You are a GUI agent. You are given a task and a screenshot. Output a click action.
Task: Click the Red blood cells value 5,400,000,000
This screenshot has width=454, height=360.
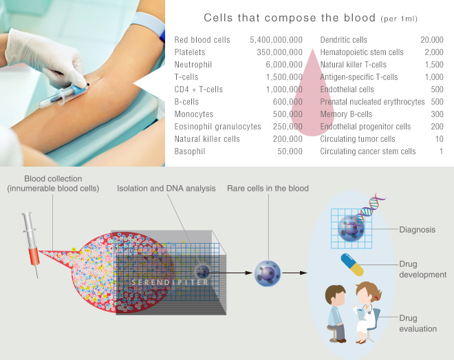pos(276,40)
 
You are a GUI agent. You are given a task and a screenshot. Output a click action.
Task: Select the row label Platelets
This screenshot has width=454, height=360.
pos(190,52)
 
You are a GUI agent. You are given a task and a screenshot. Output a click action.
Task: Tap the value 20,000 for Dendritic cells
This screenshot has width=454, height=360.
pos(432,40)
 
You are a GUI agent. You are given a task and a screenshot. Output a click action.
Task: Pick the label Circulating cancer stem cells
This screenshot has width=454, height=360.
pos(368,151)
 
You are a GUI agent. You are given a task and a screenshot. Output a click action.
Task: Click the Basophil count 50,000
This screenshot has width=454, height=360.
pos(290,151)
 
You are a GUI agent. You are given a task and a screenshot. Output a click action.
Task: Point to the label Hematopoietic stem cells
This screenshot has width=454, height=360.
pos(362,52)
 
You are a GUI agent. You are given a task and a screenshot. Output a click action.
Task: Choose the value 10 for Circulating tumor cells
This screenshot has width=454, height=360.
pos(440,139)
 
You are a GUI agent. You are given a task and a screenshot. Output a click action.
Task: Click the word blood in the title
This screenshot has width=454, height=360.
pos(360,18)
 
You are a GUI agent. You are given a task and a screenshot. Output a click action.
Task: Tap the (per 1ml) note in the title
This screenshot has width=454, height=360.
pos(399,19)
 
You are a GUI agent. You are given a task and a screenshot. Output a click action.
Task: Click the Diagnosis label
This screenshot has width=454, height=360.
pos(418,230)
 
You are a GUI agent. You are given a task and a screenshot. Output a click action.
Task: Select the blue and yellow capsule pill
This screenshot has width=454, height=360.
pos(352,265)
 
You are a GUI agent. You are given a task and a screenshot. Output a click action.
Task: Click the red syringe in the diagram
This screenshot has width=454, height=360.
pos(31,245)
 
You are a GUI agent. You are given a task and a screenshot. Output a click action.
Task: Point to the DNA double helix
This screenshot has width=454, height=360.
pos(370,211)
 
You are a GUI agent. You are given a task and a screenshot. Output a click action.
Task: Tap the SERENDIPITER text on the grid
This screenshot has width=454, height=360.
pos(170,282)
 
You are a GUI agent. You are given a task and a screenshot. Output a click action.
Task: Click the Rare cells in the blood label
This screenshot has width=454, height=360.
pos(268,189)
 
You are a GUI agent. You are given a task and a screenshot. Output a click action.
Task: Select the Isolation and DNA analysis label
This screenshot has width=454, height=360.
pos(166,189)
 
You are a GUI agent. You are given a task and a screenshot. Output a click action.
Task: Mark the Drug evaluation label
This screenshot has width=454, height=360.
pos(418,324)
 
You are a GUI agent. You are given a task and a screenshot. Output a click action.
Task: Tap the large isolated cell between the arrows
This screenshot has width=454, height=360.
pos(268,273)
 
